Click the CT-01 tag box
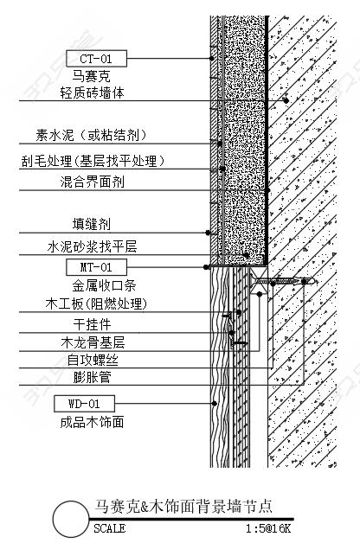coord(96,59)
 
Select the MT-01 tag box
coord(96,267)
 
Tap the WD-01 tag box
coord(84,404)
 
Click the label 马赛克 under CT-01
coord(91,76)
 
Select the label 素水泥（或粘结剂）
coord(91,135)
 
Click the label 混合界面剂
coord(93,182)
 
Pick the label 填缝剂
coord(92,225)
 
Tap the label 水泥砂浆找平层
coord(93,247)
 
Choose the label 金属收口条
coord(104,285)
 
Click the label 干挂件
coord(92,324)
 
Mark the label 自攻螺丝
coord(93,361)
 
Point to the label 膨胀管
coord(92,377)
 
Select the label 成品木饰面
coord(93,423)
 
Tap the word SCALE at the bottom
coord(110,528)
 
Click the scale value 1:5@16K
coord(268,528)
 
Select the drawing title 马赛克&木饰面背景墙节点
coord(183,507)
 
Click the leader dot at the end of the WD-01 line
coord(215,404)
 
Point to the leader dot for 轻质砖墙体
coord(286,100)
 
